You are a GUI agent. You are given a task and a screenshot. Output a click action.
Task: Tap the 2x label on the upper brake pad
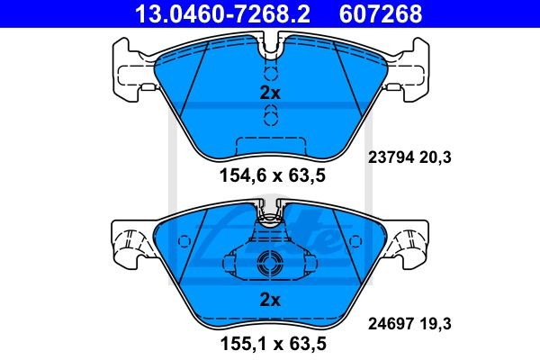(x=269, y=92)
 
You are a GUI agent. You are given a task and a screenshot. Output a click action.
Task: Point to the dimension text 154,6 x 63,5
(x=269, y=176)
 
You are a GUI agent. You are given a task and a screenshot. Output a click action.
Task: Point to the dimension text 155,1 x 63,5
(x=269, y=342)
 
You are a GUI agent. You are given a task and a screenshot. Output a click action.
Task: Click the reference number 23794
(x=390, y=157)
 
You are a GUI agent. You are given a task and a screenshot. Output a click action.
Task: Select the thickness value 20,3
(x=436, y=157)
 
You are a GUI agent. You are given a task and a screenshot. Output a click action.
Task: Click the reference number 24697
(x=390, y=319)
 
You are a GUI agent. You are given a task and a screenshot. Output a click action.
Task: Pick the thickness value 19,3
(x=436, y=319)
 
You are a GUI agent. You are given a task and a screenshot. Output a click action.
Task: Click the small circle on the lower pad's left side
(x=184, y=242)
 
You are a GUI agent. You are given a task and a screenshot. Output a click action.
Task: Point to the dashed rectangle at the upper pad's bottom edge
(x=269, y=145)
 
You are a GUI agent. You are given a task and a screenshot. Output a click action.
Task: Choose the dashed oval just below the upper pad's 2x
(x=269, y=114)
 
